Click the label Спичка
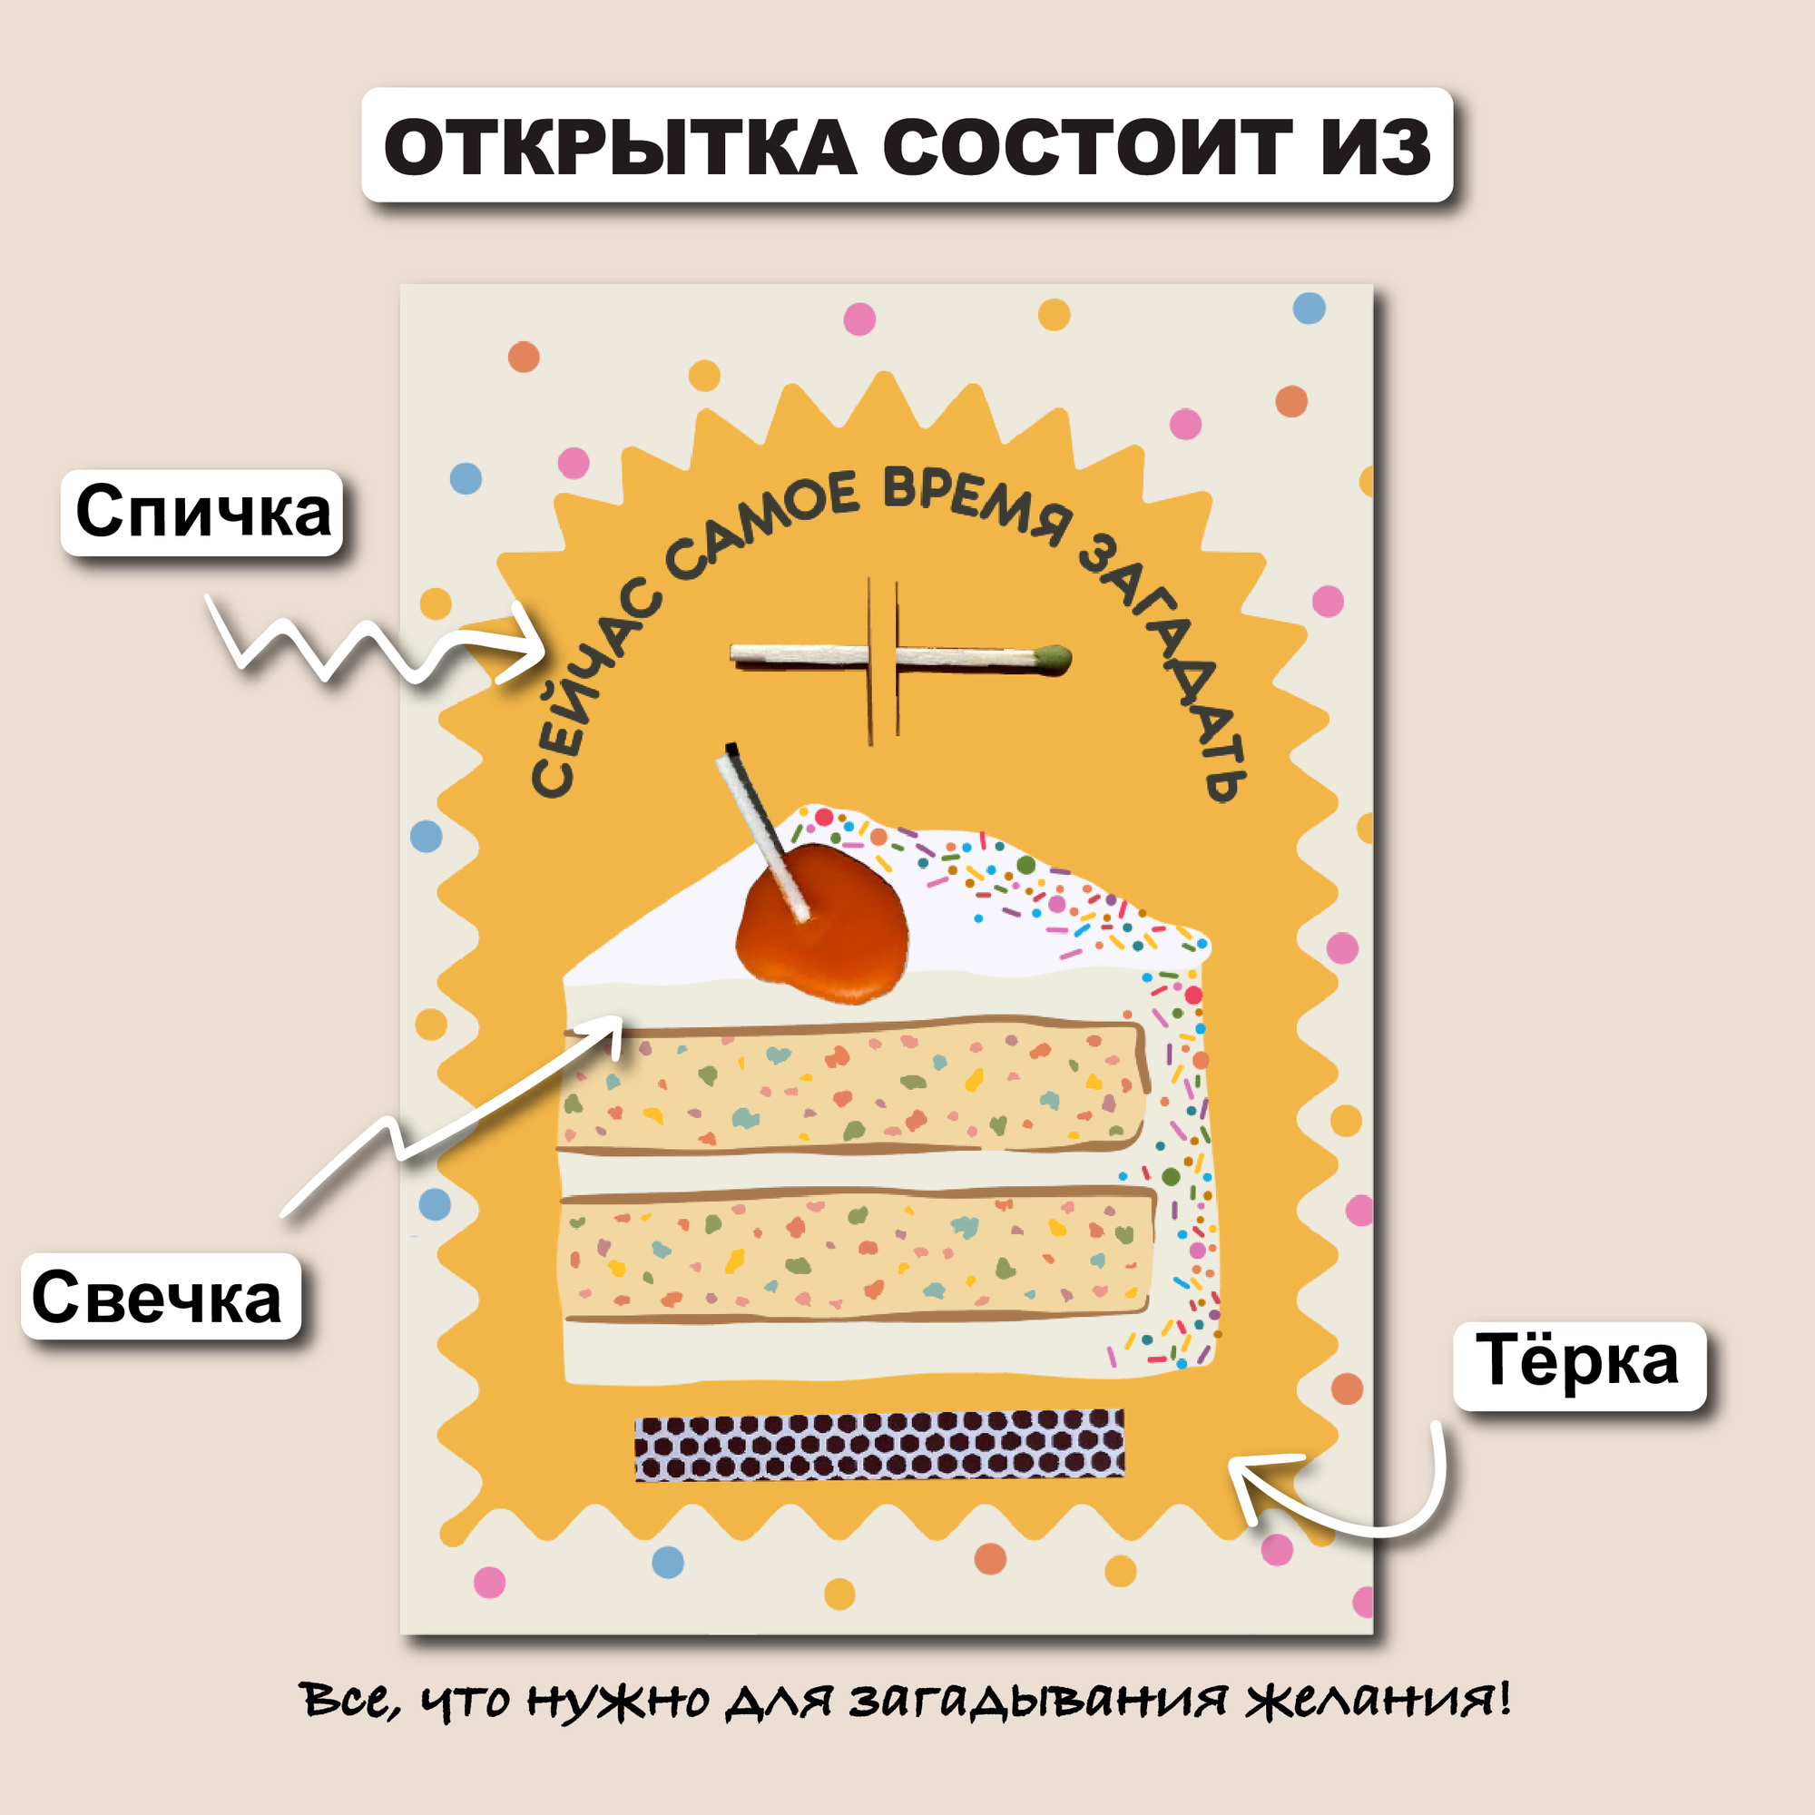[x=202, y=512]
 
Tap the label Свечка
[x=157, y=1298]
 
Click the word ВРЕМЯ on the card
[x=977, y=505]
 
